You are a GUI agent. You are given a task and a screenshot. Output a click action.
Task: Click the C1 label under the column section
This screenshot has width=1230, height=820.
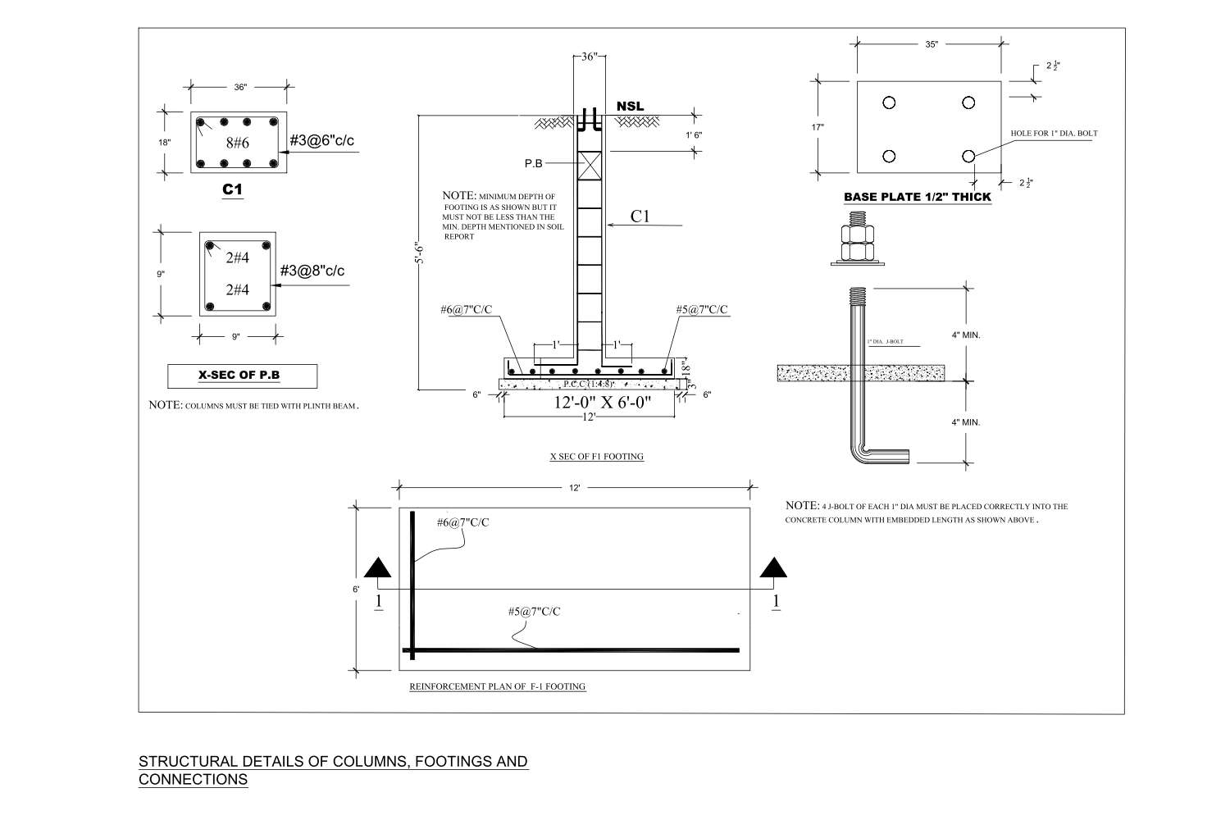[233, 190]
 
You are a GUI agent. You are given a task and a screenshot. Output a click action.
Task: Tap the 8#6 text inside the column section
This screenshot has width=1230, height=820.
[237, 143]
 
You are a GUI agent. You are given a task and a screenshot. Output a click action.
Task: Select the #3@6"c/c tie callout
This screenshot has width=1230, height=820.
[322, 140]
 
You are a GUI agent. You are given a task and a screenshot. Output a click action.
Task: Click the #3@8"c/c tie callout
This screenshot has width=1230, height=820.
[312, 271]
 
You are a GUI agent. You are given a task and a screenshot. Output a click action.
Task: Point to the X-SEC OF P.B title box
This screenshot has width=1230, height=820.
[242, 376]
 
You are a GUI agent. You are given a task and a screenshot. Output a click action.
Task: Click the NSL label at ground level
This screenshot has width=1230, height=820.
[630, 107]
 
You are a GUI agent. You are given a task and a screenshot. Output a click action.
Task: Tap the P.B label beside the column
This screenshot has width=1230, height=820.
[534, 163]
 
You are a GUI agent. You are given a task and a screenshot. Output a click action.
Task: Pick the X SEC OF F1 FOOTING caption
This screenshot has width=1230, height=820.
[596, 457]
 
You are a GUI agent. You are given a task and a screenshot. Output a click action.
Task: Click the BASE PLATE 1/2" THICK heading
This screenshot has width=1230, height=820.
[918, 197]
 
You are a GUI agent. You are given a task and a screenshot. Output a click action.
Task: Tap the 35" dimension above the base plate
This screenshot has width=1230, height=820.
[931, 45]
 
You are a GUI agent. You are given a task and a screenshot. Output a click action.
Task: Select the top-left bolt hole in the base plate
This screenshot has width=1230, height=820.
[889, 102]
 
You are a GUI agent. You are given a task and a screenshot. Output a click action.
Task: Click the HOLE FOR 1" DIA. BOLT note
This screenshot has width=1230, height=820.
[1055, 133]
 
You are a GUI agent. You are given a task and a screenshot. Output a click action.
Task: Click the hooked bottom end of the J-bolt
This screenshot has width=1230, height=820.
[890, 457]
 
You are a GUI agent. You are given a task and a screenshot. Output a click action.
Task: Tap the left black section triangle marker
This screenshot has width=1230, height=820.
[377, 567]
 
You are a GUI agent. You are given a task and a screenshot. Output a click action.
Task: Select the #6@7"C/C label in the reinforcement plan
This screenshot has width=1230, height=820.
[462, 522]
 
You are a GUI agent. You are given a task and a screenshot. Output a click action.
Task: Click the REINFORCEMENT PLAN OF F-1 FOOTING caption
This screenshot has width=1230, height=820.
[497, 686]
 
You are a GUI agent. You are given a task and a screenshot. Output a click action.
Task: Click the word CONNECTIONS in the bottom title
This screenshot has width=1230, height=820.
[194, 780]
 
